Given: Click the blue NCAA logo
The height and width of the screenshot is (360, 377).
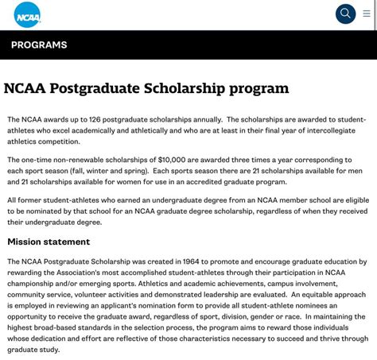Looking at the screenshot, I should tap(27, 14).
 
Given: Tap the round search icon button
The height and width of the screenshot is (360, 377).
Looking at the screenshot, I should tap(345, 14).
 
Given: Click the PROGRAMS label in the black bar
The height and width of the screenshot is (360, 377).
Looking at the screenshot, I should tap(39, 45).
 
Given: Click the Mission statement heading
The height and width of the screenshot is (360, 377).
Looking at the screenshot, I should tap(49, 242).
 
